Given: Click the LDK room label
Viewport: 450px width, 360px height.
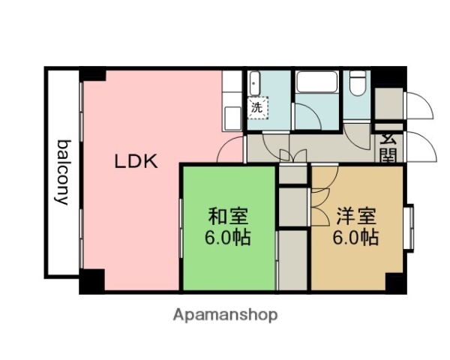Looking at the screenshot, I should [136, 160].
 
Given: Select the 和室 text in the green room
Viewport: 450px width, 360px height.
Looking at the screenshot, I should [229, 217].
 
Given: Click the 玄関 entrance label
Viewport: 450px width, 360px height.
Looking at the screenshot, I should [388, 147].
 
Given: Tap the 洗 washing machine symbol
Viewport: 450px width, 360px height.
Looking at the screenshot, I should [257, 107].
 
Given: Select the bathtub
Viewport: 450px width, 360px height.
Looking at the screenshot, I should [317, 83].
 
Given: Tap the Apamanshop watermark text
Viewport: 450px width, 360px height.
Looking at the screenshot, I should [225, 315].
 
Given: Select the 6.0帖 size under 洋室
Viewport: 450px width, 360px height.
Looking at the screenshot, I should [355, 238].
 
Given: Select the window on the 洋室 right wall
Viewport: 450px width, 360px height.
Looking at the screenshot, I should [409, 226].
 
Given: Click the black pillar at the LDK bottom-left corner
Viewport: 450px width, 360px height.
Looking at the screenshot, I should [91, 283].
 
